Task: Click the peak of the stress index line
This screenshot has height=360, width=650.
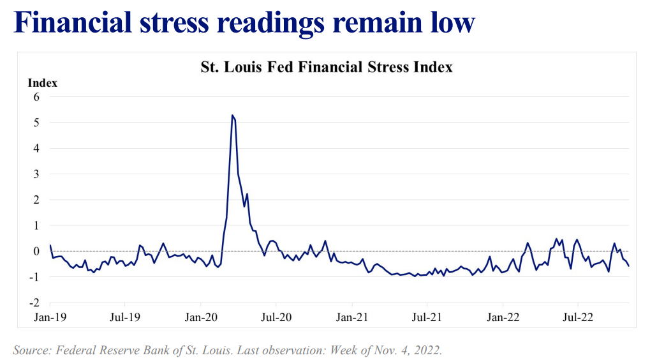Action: pos(232,116)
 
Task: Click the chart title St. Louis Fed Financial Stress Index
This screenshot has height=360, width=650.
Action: pos(327,67)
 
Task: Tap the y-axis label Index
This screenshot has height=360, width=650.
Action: pos(43,83)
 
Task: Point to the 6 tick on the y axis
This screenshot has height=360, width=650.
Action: pos(36,97)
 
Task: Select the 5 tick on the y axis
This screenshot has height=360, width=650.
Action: pos(36,123)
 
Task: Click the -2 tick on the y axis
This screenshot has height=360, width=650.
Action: pos(35,303)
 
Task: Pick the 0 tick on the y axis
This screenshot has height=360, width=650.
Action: pos(36,251)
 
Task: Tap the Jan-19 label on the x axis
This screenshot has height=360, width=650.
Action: pos(50,316)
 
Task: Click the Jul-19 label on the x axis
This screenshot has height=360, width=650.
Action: pos(125,316)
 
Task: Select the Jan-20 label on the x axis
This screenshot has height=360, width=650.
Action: pos(201,316)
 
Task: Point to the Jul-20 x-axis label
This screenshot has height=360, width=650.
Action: pos(276,316)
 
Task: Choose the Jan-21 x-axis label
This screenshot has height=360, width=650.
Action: pos(352,316)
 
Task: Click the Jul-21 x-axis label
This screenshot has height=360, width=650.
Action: pos(427,316)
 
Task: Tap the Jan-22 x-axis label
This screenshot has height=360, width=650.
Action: pos(503,316)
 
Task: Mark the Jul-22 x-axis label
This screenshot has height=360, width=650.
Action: pos(578,316)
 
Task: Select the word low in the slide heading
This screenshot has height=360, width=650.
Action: pos(452,24)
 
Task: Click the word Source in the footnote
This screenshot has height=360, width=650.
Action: pos(31,350)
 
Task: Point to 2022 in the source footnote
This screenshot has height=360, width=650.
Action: pos(426,350)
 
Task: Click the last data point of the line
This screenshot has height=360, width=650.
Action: pos(629,266)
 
